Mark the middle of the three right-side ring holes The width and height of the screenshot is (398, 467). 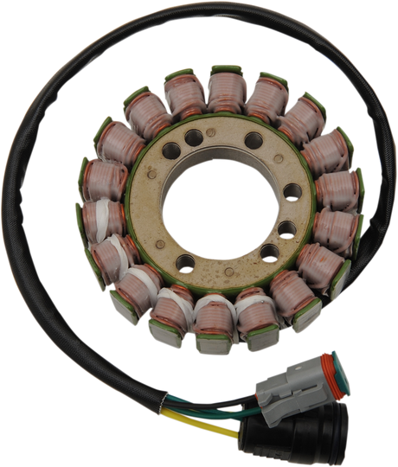[x=286, y=229]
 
